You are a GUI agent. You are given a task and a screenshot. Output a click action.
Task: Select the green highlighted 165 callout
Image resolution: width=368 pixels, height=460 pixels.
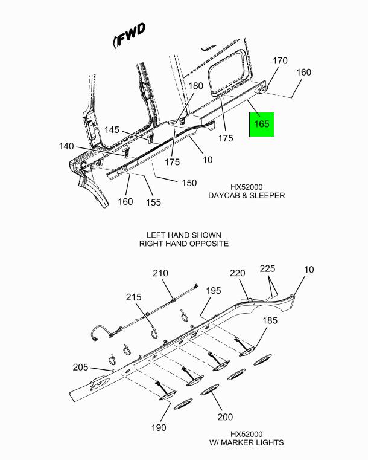click(x=262, y=124)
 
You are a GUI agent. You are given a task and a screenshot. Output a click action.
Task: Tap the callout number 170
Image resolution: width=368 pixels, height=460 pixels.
click(x=280, y=61)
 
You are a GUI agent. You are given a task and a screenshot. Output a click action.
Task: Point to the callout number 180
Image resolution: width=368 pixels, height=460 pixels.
click(x=195, y=86)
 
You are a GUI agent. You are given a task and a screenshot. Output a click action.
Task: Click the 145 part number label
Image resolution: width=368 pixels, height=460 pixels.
click(x=112, y=129)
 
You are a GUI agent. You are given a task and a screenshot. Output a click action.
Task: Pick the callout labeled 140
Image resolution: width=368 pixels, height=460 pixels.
click(x=66, y=146)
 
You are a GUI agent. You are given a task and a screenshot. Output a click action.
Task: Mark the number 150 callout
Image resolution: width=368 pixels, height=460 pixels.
click(x=188, y=183)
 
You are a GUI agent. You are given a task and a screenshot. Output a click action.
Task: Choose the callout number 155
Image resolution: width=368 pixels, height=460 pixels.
click(x=154, y=202)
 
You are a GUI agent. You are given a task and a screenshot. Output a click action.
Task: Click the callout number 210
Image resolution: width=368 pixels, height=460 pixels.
click(x=160, y=273)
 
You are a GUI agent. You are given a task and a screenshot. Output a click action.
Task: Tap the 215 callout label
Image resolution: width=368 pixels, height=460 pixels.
click(x=134, y=297)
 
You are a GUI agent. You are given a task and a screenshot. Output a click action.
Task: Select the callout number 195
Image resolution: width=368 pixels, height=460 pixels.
click(x=213, y=291)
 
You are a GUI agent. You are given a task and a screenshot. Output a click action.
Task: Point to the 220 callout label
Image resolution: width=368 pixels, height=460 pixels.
click(x=238, y=273)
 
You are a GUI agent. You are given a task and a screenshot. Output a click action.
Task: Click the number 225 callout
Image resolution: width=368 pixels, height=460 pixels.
click(x=268, y=268)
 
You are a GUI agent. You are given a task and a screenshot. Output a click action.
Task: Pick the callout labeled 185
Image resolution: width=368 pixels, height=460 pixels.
click(x=270, y=320)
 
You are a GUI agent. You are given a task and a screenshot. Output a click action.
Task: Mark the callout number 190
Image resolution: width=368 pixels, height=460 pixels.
click(x=159, y=428)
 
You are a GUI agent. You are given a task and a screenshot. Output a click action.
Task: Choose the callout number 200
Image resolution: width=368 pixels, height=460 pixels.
click(x=224, y=417)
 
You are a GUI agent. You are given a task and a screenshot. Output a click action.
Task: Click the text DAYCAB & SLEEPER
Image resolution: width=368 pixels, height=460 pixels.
click(x=246, y=195)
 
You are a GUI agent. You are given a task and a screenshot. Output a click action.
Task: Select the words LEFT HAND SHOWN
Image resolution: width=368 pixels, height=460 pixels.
click(x=183, y=235)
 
